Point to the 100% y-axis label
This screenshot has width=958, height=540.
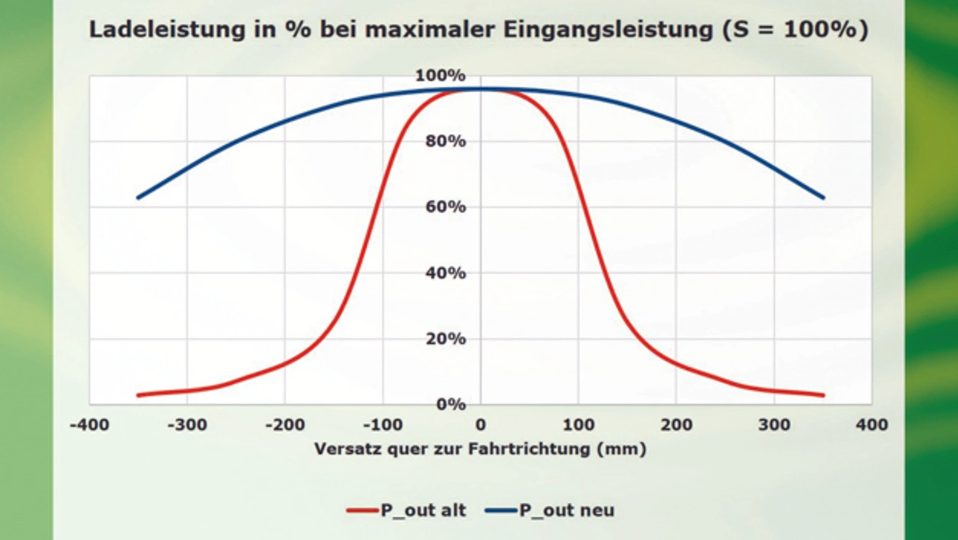(x=446, y=76)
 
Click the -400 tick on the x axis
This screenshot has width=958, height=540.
(x=89, y=425)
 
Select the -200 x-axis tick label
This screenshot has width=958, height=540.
(x=284, y=425)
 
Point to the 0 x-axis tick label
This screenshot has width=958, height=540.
(x=480, y=425)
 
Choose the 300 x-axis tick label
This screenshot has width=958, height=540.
(x=774, y=425)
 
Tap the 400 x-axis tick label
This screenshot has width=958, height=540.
(x=872, y=425)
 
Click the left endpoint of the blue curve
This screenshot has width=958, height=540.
(x=138, y=198)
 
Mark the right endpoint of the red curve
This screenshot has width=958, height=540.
(x=823, y=395)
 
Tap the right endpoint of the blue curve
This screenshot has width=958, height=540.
(x=823, y=198)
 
